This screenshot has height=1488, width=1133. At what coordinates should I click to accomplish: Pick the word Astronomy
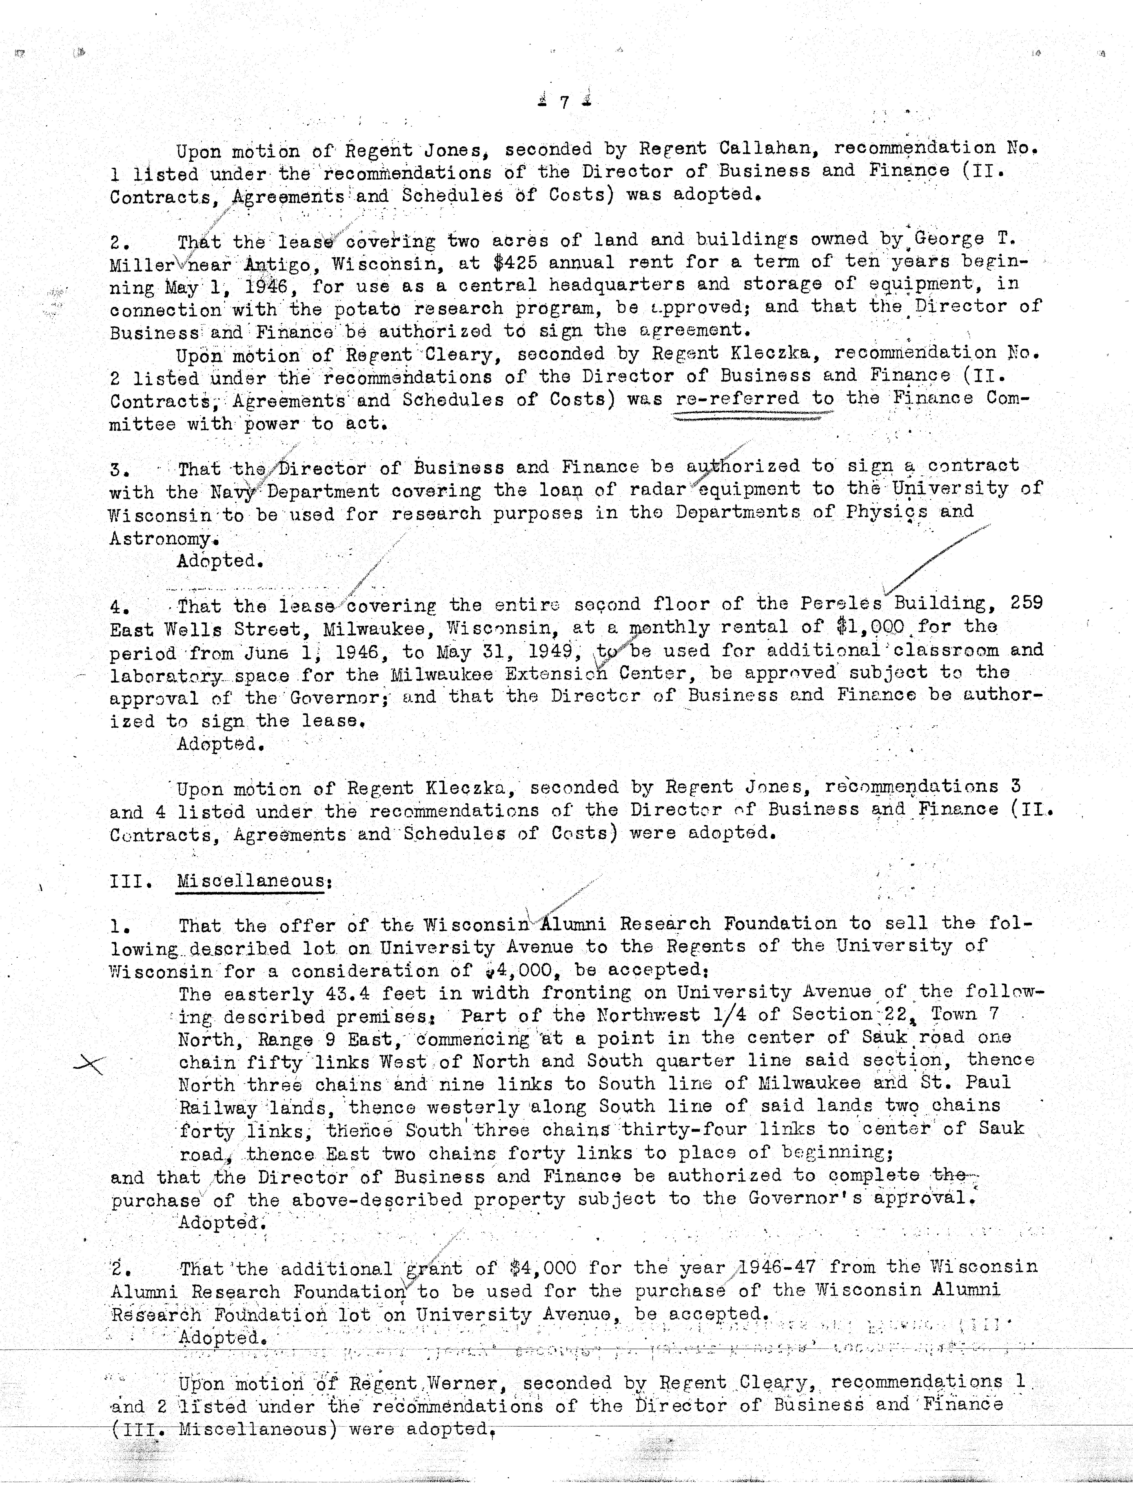tap(164, 539)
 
